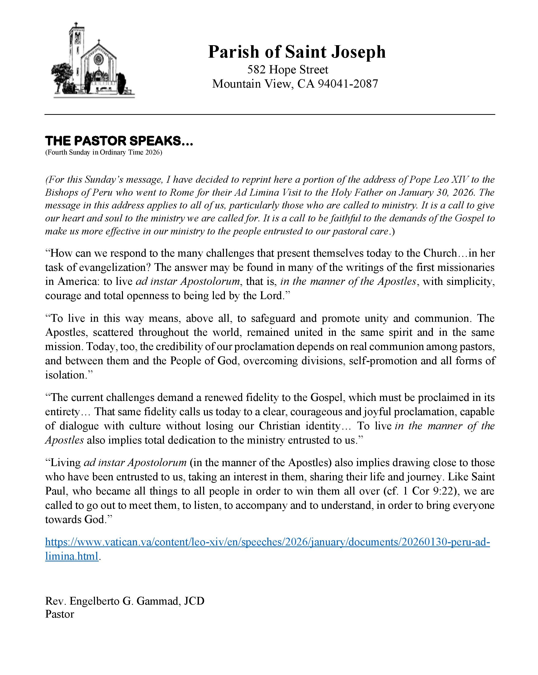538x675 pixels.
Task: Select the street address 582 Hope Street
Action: (288, 69)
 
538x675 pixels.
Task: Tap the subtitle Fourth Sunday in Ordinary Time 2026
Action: (104, 153)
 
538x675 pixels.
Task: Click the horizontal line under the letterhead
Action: (269, 115)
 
